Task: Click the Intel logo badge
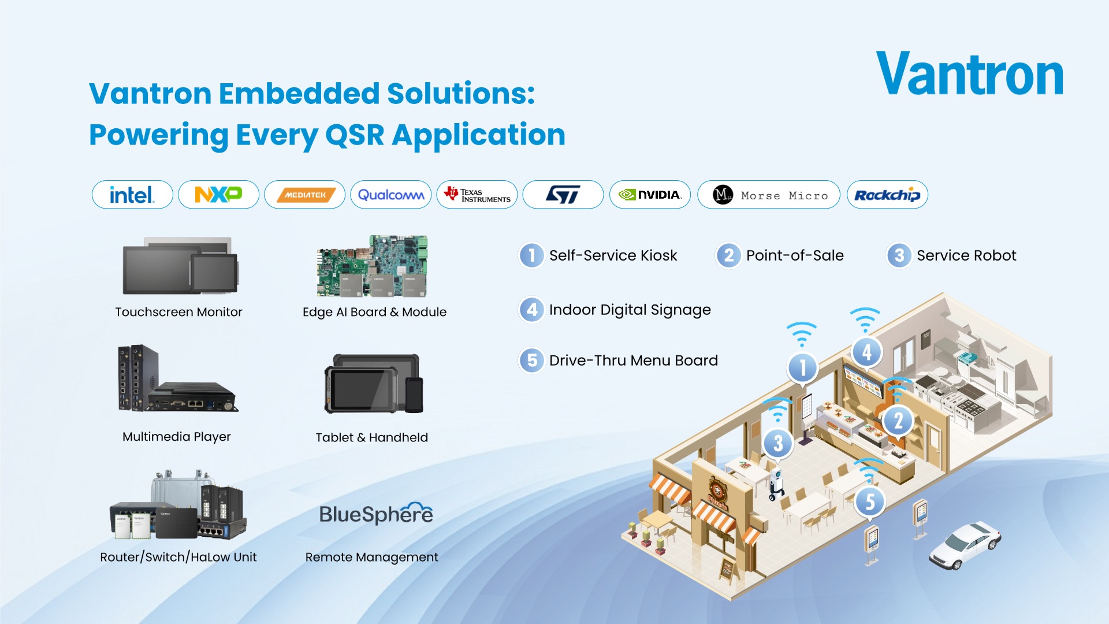click(132, 195)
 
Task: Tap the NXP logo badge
click(218, 195)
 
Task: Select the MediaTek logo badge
click(304, 195)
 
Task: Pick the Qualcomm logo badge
click(391, 195)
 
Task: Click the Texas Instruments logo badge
click(477, 195)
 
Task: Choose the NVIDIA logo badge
click(650, 195)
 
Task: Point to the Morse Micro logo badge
click(769, 195)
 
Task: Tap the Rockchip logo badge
click(887, 195)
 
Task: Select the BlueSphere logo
click(376, 514)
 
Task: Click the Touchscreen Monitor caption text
click(178, 312)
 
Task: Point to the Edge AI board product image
click(373, 266)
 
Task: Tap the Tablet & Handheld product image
click(374, 384)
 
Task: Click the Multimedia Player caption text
click(177, 437)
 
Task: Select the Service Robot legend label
click(966, 255)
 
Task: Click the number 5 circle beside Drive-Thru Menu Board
click(532, 361)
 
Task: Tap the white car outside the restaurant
click(965, 544)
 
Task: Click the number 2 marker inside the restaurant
click(898, 421)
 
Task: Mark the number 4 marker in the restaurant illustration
click(866, 352)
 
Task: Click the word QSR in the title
click(355, 135)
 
